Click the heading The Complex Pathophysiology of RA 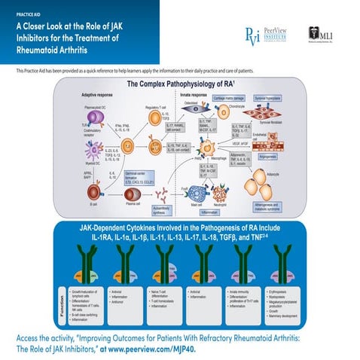[180, 84]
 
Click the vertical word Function [61, 301]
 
